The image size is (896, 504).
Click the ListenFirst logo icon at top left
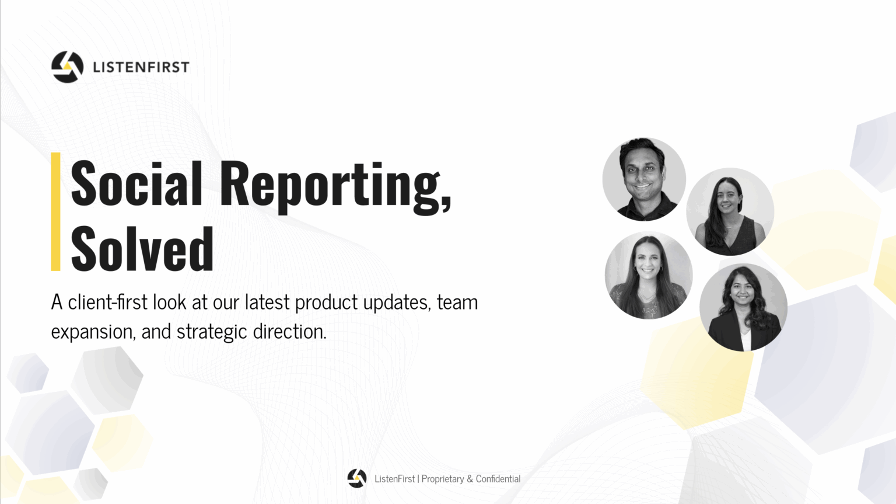(x=67, y=67)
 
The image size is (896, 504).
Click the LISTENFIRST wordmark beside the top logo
(x=141, y=67)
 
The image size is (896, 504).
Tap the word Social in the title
(x=136, y=183)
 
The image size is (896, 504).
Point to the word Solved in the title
(x=142, y=249)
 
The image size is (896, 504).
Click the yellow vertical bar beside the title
(x=55, y=212)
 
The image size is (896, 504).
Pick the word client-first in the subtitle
(x=107, y=302)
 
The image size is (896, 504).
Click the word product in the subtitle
(x=327, y=303)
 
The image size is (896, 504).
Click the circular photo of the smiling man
(x=644, y=179)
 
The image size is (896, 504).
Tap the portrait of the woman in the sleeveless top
(x=730, y=212)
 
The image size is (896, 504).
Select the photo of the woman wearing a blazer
(x=744, y=307)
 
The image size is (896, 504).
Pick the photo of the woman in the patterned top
(x=649, y=275)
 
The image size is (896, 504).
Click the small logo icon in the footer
(x=357, y=478)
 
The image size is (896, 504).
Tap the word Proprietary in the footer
(x=443, y=479)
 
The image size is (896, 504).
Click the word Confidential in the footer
(x=498, y=479)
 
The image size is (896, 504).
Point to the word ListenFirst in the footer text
(x=395, y=479)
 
